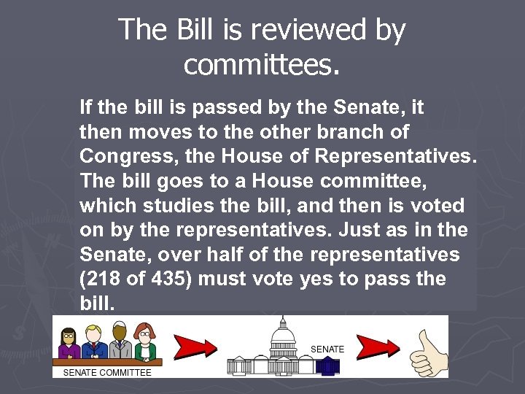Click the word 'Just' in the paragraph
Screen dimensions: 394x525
coord(357,231)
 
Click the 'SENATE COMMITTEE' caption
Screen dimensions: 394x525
coord(107,372)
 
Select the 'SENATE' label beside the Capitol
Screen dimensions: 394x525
coord(327,349)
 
